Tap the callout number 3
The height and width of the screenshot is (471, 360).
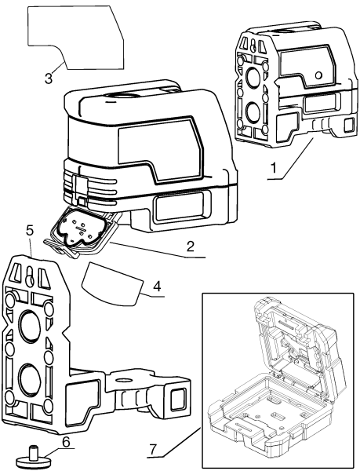48,77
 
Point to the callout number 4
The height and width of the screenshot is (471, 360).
157,287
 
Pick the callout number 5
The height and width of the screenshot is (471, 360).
30,232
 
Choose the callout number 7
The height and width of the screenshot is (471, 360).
154,450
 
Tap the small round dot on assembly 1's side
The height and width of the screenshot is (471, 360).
319,73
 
